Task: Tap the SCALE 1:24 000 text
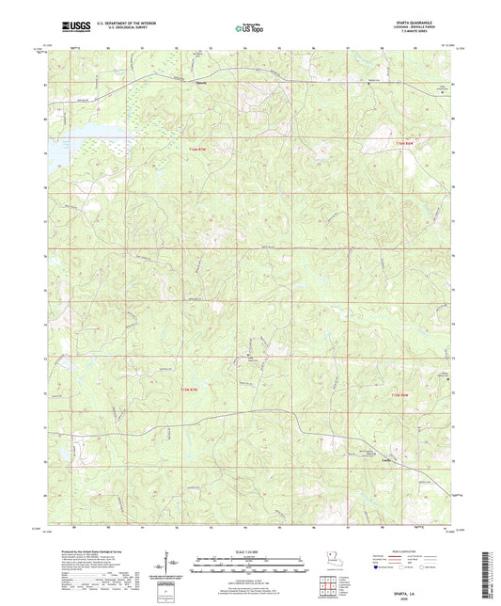249,552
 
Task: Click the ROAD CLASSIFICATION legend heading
408,554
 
